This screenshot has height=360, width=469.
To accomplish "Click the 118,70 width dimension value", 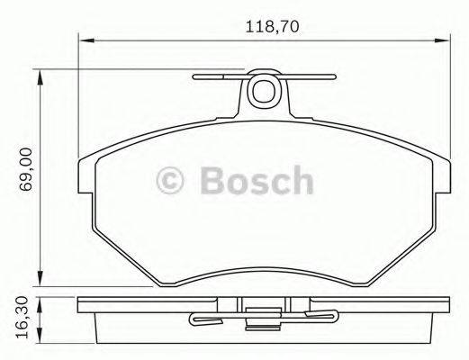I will pyautogui.click(x=270, y=27).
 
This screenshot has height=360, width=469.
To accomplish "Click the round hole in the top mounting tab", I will pyautogui.click(x=265, y=89).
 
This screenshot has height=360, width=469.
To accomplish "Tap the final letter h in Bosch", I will pyautogui.click(x=302, y=181).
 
